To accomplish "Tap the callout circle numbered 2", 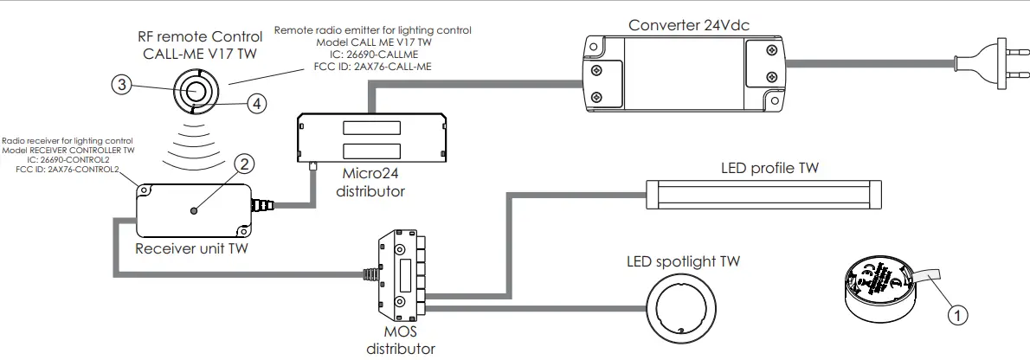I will [x=245, y=164].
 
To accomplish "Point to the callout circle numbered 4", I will [x=255, y=103].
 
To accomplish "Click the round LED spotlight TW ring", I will [x=683, y=308].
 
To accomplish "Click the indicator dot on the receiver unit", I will [x=195, y=210].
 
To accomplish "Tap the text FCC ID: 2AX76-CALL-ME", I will [x=373, y=67].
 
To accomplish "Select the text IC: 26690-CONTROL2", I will [x=68, y=160].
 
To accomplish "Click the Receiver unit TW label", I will [x=192, y=249].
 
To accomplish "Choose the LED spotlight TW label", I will [x=684, y=260].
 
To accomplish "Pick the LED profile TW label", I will [x=769, y=167].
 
